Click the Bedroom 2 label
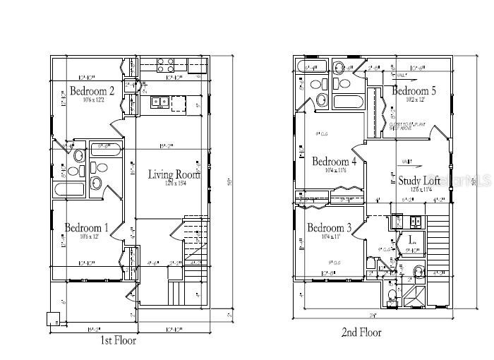92,90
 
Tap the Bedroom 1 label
87,227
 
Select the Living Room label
174,174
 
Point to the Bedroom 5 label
414,91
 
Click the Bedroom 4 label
335,161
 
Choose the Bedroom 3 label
330,227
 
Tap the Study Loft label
418,181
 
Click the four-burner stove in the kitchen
165,66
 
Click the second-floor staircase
438,240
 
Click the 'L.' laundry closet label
411,240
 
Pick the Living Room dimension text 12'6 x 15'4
174,185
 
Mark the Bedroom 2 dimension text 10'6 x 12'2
92,100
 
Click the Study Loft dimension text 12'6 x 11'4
418,190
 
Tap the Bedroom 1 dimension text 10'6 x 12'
87,236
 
